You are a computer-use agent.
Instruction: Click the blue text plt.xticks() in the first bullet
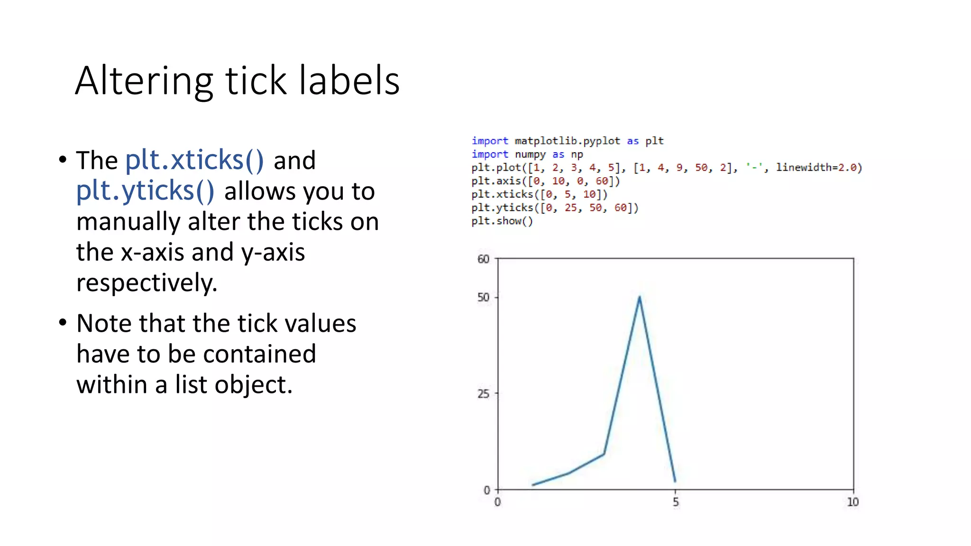(x=194, y=160)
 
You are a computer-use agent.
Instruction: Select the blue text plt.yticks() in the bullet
(x=145, y=191)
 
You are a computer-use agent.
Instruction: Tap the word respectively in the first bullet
(x=147, y=283)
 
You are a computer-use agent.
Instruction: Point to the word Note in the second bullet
(x=104, y=324)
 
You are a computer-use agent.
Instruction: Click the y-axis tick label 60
(x=483, y=259)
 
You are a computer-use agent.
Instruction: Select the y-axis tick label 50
(x=483, y=298)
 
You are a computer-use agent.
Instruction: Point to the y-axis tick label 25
(x=483, y=394)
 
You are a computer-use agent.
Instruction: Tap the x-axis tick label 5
(x=676, y=502)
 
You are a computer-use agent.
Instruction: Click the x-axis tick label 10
(x=852, y=502)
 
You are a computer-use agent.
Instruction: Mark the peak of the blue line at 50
(x=640, y=298)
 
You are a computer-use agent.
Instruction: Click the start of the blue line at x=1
(x=533, y=484)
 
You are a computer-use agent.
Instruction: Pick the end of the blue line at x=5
(x=675, y=481)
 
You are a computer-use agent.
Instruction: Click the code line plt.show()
(x=502, y=221)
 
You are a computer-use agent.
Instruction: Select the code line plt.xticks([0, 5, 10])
(x=539, y=194)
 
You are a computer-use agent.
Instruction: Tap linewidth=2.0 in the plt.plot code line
(x=818, y=167)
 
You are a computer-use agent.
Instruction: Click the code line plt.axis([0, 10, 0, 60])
(x=545, y=181)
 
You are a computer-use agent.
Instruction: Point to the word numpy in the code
(x=530, y=155)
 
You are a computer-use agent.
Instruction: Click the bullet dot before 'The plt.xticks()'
(x=63, y=160)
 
